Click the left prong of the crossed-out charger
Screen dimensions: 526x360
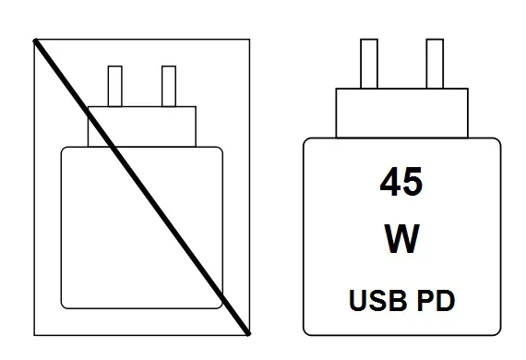pos(115,86)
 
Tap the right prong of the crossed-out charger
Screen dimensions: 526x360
pos(168,86)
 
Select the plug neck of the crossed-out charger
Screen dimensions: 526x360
pos(142,126)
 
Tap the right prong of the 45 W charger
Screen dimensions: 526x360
pos(433,65)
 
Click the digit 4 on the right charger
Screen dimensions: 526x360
pos(389,181)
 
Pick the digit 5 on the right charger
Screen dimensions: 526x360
pos(412,181)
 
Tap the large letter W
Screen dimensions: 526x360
pos(401,239)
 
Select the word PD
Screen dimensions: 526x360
pos(436,300)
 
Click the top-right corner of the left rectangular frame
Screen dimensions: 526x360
pos(249,39)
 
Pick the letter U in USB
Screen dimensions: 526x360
pos(355,300)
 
